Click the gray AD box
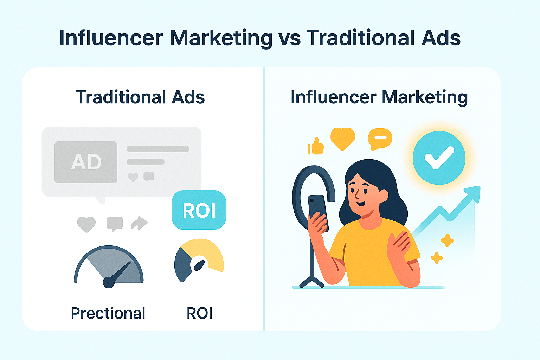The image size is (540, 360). [86, 162]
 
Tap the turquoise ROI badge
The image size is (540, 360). [199, 210]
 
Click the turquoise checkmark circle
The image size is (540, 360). [439, 158]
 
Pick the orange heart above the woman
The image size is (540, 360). [343, 139]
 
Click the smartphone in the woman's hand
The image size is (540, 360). [318, 211]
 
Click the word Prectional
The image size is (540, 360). [108, 313]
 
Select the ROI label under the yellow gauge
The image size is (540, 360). [199, 313]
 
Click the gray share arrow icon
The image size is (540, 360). [139, 223]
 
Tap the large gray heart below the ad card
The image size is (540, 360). [86, 224]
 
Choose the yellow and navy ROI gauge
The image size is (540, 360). [199, 260]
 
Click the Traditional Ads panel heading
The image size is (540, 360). [140, 97]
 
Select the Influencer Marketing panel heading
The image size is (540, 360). [379, 97]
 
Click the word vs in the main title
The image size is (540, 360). [289, 38]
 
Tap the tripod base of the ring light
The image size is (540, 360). [312, 281]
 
